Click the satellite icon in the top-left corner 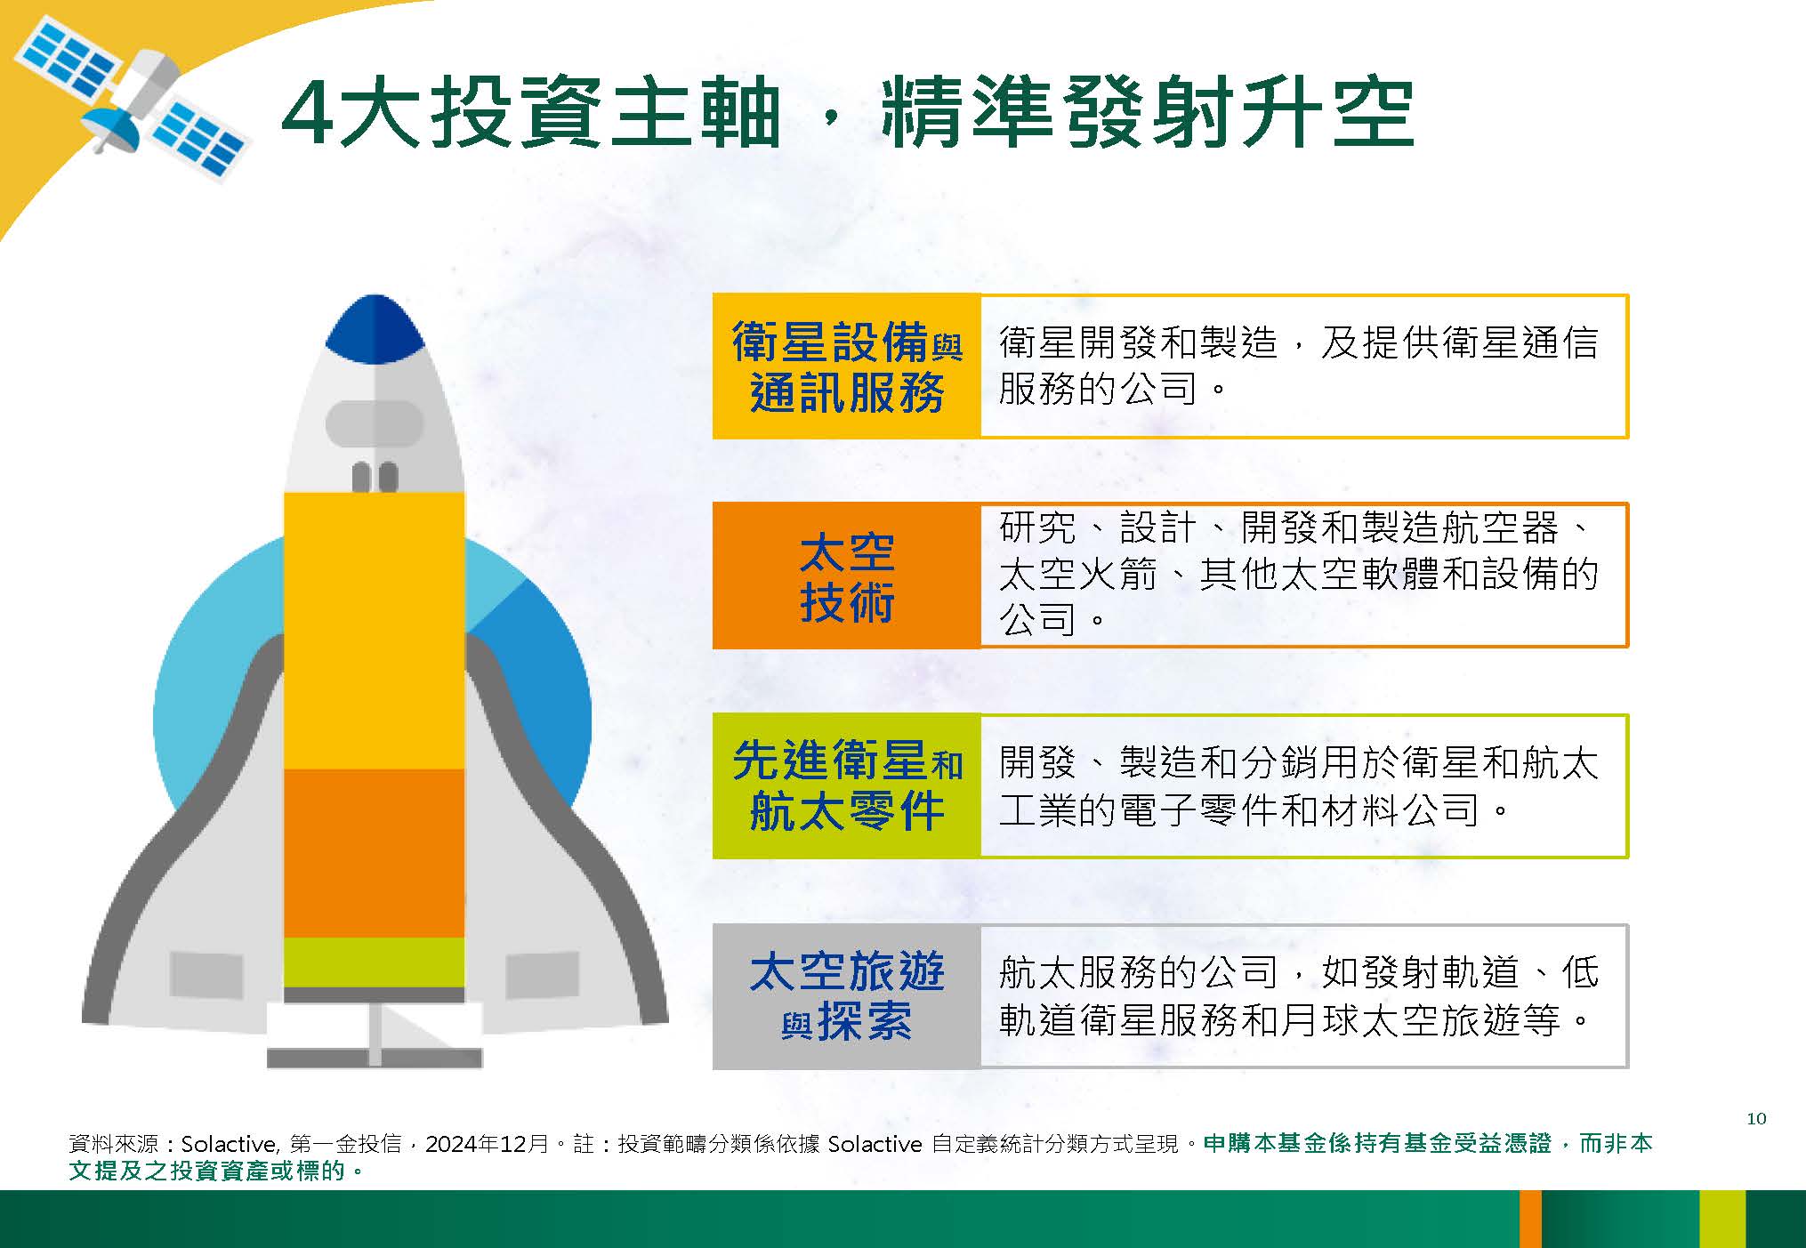click(130, 101)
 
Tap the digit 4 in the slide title click(308, 115)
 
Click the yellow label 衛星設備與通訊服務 click(847, 366)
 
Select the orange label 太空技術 click(847, 576)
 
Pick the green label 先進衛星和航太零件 click(847, 785)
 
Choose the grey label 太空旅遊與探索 click(847, 996)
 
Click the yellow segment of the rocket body click(375, 631)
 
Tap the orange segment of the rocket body click(375, 853)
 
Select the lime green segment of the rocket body click(375, 962)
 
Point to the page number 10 click(1756, 1118)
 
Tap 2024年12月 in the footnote click(487, 1144)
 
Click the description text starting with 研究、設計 click(1299, 574)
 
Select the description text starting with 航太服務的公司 click(1299, 996)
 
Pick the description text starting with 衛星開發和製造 click(1299, 366)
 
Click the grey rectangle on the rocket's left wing click(206, 975)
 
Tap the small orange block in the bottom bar click(1530, 1219)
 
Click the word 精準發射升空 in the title click(1148, 115)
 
